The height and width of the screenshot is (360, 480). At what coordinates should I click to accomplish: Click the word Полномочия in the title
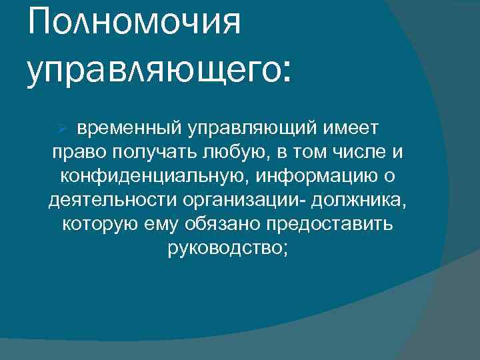[x=133, y=25]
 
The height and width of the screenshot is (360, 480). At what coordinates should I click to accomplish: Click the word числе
[x=365, y=152]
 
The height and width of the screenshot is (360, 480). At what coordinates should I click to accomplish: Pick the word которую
[x=99, y=224]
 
